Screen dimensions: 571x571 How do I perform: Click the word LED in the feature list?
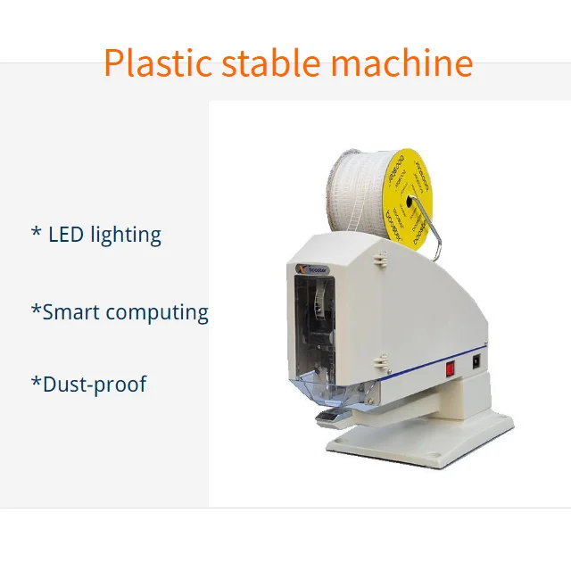(x=67, y=235)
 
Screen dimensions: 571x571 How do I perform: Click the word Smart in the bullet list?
(x=72, y=312)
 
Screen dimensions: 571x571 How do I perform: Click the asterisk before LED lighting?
(x=36, y=234)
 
